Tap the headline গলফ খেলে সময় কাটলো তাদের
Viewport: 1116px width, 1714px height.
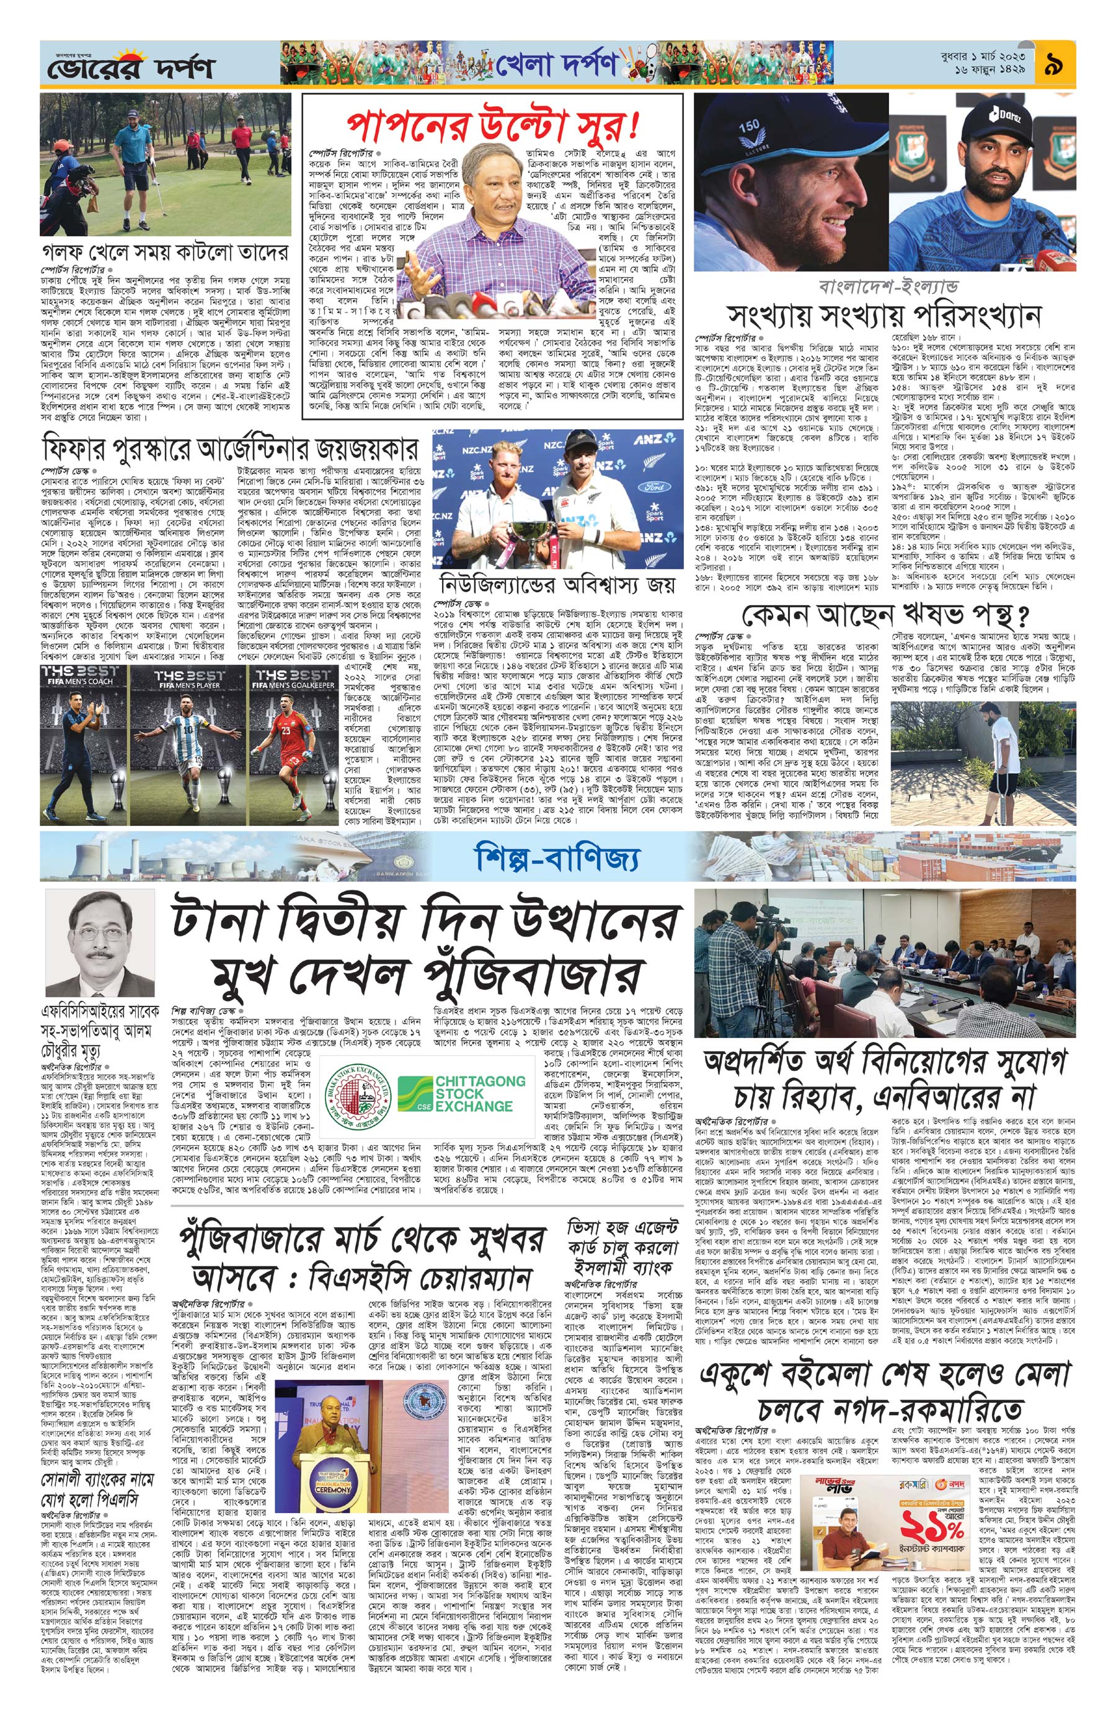166,254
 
